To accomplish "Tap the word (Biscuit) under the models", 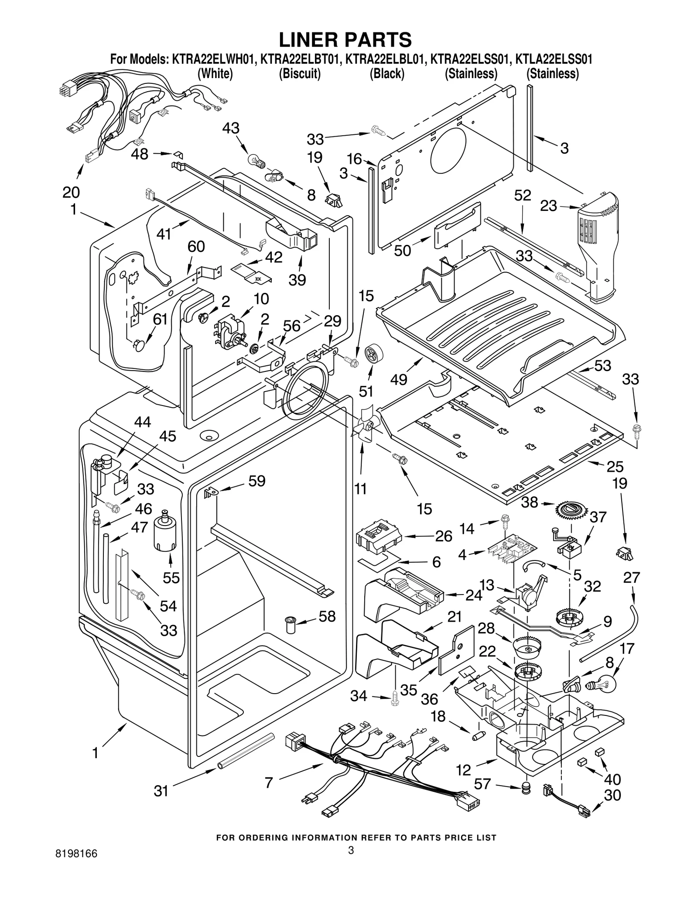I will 300,74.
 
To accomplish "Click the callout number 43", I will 231,128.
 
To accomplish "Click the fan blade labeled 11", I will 363,424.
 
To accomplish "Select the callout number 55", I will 171,578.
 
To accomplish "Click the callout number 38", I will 529,502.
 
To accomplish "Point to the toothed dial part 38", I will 571,510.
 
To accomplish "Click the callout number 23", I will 548,206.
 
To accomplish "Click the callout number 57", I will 482,784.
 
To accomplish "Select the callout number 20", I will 71,192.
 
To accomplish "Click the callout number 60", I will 196,247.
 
